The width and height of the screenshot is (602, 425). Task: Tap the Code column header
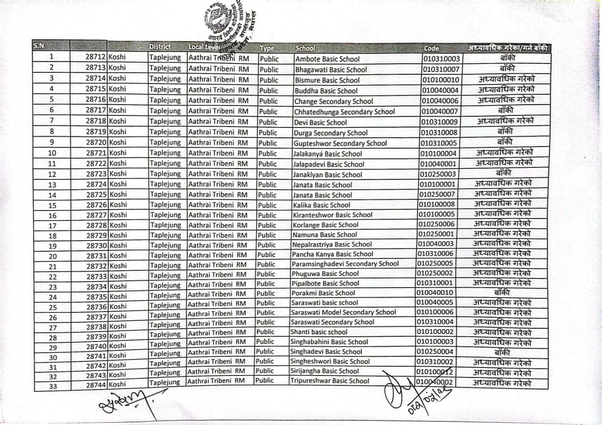[431, 48]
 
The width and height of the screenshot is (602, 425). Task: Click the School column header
[305, 48]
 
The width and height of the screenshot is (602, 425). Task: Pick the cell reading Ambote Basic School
[328, 59]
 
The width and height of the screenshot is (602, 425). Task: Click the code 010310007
[441, 70]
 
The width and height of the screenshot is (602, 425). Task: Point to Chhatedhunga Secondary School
[344, 112]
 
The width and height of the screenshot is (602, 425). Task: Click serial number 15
[52, 205]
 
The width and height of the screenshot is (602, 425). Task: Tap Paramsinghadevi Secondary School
[345, 264]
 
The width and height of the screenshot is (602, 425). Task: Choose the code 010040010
[435, 293]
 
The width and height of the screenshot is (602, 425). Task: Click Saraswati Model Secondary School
[343, 312]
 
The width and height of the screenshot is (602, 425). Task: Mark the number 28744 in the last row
[97, 384]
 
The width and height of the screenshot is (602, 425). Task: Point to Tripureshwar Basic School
[329, 381]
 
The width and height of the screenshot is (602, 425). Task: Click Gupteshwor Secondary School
[340, 143]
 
